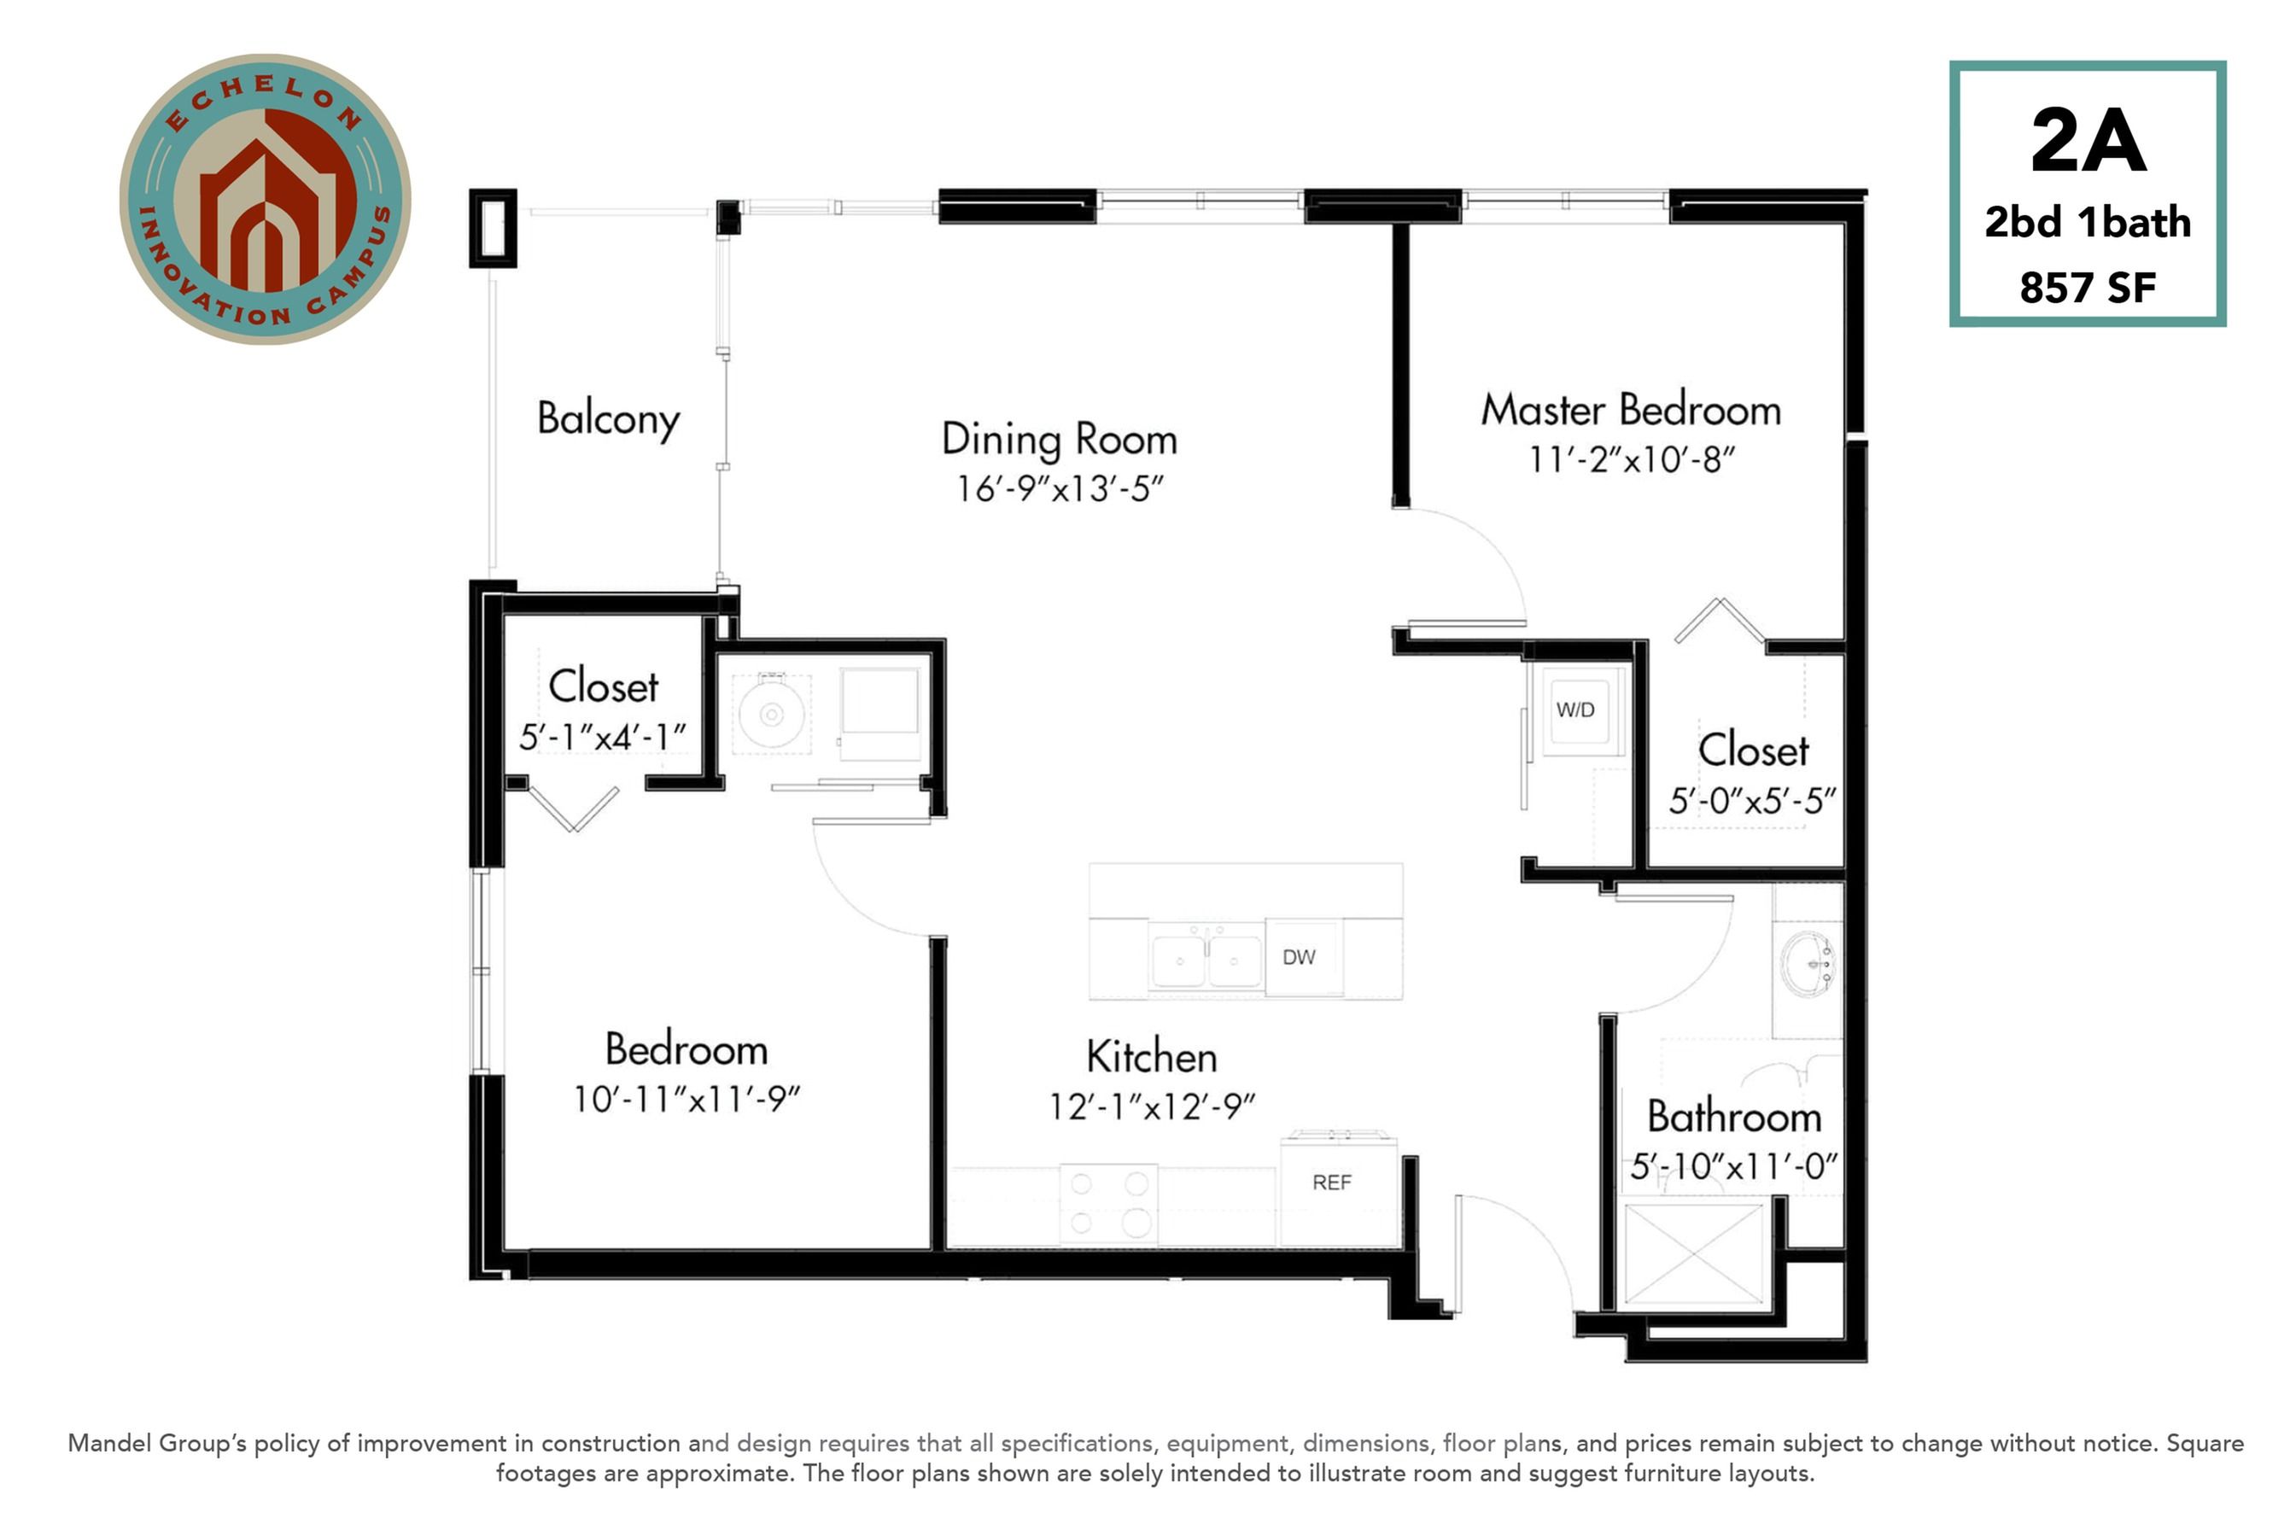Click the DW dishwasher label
tap(1299, 957)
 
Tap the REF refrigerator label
tap(1332, 1183)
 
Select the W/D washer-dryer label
tap(1574, 710)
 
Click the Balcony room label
tap(608, 419)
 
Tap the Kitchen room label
tap(1151, 1057)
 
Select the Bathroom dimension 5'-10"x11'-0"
tap(1734, 1166)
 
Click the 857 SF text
tap(2087, 288)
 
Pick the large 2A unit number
tap(2088, 142)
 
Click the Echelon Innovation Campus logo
tap(266, 199)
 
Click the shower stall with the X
tap(1694, 1254)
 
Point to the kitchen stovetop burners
tap(1108, 1204)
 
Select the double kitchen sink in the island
tap(1207, 961)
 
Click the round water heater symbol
tap(771, 715)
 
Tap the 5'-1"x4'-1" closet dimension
tap(603, 737)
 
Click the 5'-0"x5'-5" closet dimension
tap(1752, 801)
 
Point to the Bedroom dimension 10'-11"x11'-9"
tap(686, 1100)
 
